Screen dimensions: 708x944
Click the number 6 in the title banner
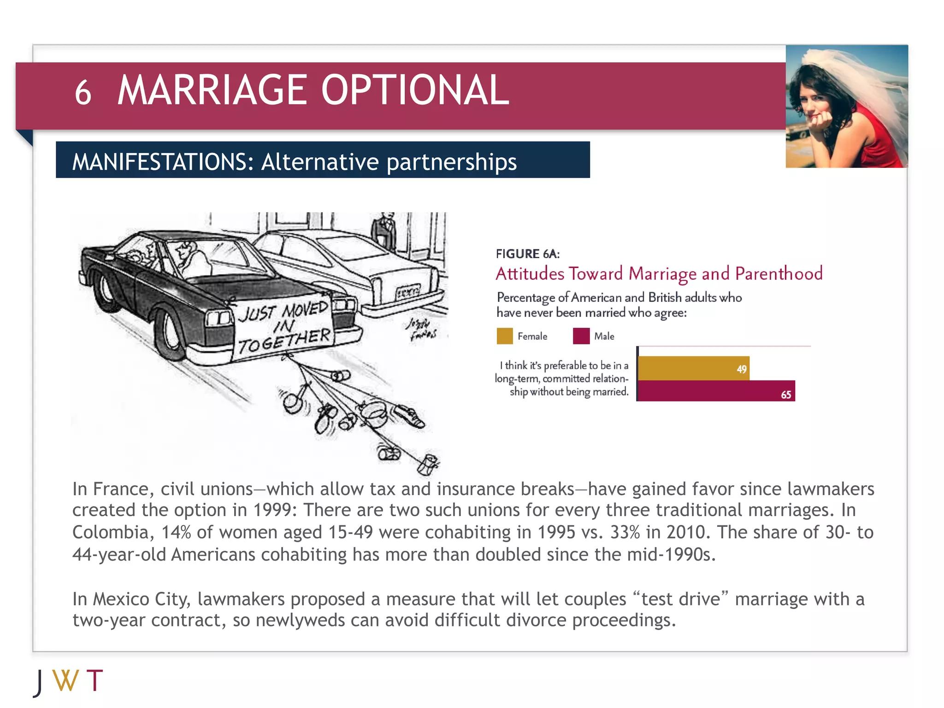pos(83,93)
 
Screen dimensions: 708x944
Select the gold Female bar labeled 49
pos(693,368)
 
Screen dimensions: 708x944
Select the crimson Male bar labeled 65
pos(716,391)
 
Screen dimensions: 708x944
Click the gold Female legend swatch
pos(505,336)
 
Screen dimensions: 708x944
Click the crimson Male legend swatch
pos(581,336)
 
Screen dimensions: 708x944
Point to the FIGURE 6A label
pos(527,254)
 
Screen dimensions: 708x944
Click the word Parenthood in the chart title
pos(779,274)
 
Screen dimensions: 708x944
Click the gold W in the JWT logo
pos(65,681)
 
